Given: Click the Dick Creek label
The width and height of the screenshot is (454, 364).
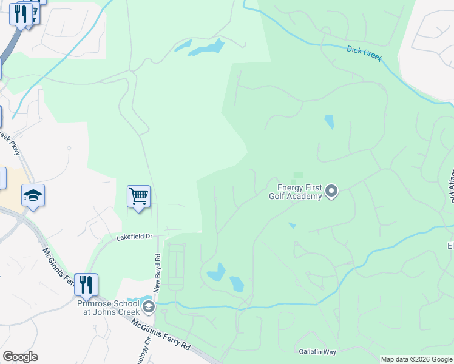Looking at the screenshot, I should click(x=364, y=52).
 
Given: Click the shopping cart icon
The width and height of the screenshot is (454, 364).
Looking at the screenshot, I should click(x=138, y=197).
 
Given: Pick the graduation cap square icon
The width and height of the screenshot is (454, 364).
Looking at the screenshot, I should click(x=33, y=195).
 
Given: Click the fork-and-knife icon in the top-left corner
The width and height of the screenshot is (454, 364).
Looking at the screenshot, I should click(x=21, y=13).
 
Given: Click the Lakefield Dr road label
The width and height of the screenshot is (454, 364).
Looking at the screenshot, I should click(x=135, y=237).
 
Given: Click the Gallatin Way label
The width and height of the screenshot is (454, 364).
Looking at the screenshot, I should click(x=317, y=352).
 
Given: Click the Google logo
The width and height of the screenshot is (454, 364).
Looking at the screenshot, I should click(x=20, y=357).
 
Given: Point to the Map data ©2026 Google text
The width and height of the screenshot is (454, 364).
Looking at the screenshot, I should click(x=416, y=359).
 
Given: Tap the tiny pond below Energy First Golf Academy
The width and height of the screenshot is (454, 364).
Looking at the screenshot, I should click(x=292, y=226).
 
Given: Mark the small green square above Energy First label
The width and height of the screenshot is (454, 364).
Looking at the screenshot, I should click(x=297, y=176).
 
